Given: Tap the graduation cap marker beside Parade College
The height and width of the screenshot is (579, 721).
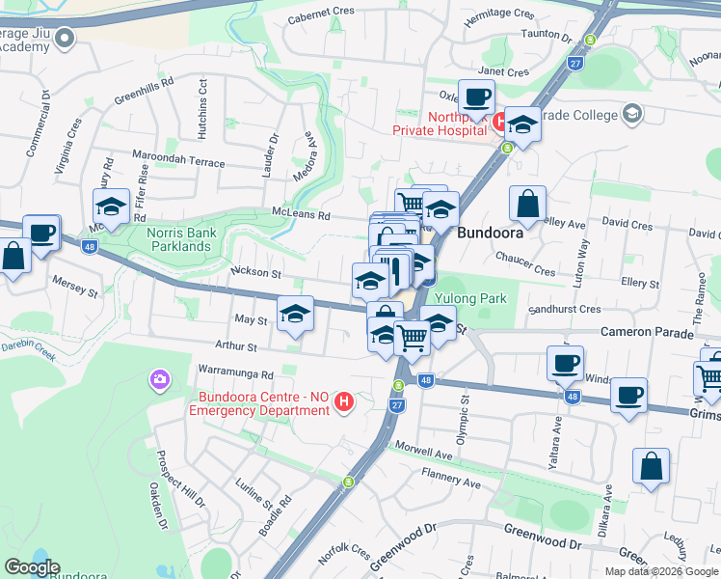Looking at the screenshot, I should tap(522, 125).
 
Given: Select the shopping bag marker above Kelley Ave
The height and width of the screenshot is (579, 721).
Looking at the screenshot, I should tap(528, 204).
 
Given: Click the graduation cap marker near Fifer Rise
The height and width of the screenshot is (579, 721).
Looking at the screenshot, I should tap(111, 207).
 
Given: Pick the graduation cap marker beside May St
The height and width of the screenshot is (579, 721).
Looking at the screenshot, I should tap(296, 314).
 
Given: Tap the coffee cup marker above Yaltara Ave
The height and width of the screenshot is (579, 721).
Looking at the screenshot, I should tap(565, 364).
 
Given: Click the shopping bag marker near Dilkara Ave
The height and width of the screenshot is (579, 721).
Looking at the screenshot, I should tap(651, 466).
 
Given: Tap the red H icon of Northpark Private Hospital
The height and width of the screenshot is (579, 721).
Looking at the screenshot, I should tap(499, 122).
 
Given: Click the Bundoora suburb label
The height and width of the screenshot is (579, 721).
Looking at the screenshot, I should tap(490, 233).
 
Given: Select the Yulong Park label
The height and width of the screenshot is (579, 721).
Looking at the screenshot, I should tap(471, 299).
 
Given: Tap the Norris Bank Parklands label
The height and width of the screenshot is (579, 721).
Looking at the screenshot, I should tap(178, 239).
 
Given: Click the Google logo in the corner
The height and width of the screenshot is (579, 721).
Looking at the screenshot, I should tap(32, 567).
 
